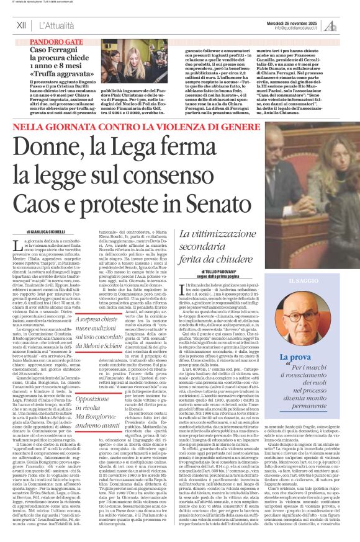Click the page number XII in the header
(x=21, y=25)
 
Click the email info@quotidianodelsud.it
(x=291, y=27)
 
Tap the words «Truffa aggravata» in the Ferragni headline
(x=59, y=71)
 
